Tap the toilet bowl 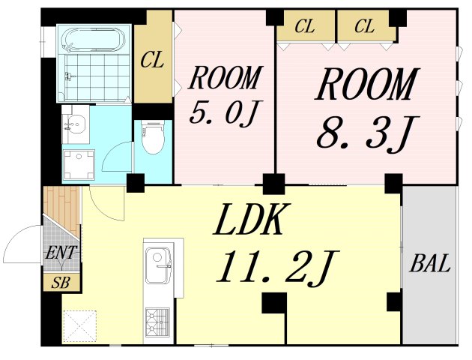click(153, 140)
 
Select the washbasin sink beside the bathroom click(76, 124)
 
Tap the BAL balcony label click(429, 264)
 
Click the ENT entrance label click(61, 253)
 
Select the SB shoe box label click(61, 283)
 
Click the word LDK click(252, 220)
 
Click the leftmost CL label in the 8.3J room click(304, 28)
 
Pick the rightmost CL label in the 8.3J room click(365, 28)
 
